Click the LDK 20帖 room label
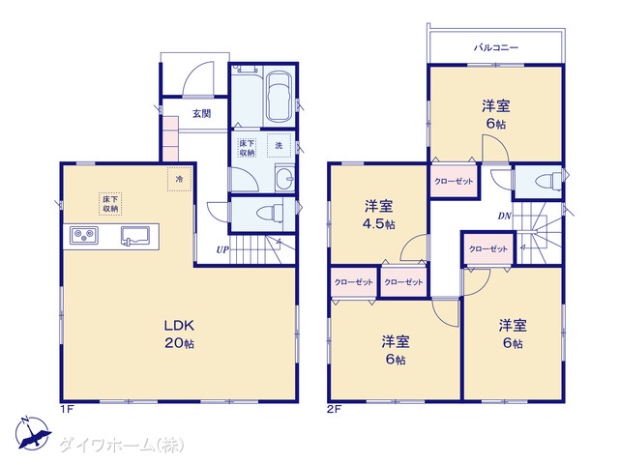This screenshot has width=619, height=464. [179, 333]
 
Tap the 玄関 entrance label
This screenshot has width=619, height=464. [202, 114]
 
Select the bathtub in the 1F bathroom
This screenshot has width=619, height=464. [279, 97]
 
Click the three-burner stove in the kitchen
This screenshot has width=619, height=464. [84, 236]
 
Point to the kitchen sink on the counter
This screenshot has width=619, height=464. [135, 236]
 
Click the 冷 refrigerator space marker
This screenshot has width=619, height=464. [180, 179]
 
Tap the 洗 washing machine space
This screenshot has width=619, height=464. [280, 146]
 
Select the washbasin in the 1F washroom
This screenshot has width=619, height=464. [284, 179]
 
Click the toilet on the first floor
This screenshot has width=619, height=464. [270, 214]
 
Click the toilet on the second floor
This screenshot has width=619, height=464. [548, 182]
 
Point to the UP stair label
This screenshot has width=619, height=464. [222, 249]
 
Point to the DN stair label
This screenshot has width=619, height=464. [505, 216]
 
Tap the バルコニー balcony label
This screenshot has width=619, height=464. [496, 47]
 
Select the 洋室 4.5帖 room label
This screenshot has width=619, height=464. [378, 215]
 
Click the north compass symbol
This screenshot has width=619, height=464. [33, 433]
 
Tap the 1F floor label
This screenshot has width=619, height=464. [67, 409]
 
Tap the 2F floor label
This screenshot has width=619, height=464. [334, 409]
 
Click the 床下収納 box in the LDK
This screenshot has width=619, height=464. [110, 204]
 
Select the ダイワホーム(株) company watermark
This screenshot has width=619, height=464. [122, 446]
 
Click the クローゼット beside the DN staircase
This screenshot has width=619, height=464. [488, 249]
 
